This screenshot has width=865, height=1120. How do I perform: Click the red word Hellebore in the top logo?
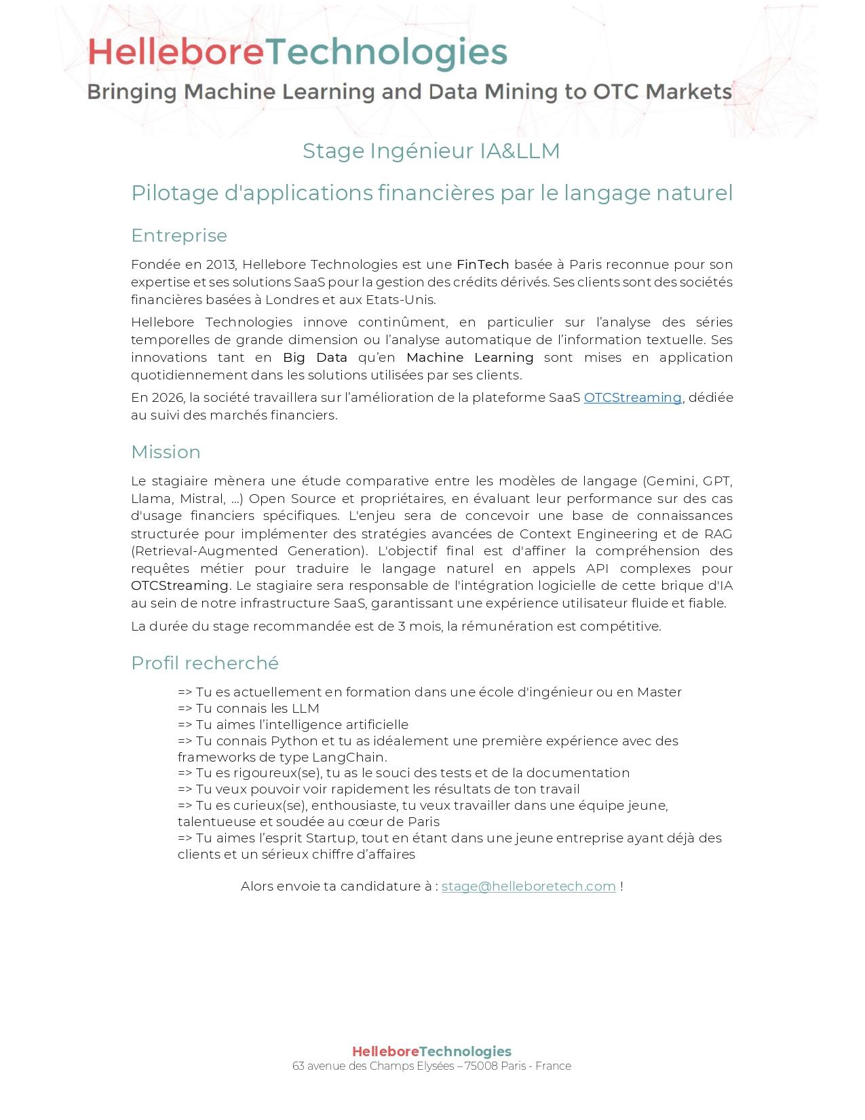(175, 52)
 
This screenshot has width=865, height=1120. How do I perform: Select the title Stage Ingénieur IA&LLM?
(431, 151)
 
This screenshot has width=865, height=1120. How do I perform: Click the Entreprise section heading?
(179, 236)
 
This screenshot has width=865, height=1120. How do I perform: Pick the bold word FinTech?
(482, 265)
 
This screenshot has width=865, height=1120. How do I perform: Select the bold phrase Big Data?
(315, 358)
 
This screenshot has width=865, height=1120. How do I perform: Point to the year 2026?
(166, 398)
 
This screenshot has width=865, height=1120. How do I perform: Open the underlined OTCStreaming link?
(632, 398)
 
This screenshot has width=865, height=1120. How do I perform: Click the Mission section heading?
(166, 452)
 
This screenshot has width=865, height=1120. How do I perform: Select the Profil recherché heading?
(205, 663)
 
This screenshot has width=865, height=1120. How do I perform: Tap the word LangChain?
(348, 758)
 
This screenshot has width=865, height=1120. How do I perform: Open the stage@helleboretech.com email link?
(528, 886)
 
